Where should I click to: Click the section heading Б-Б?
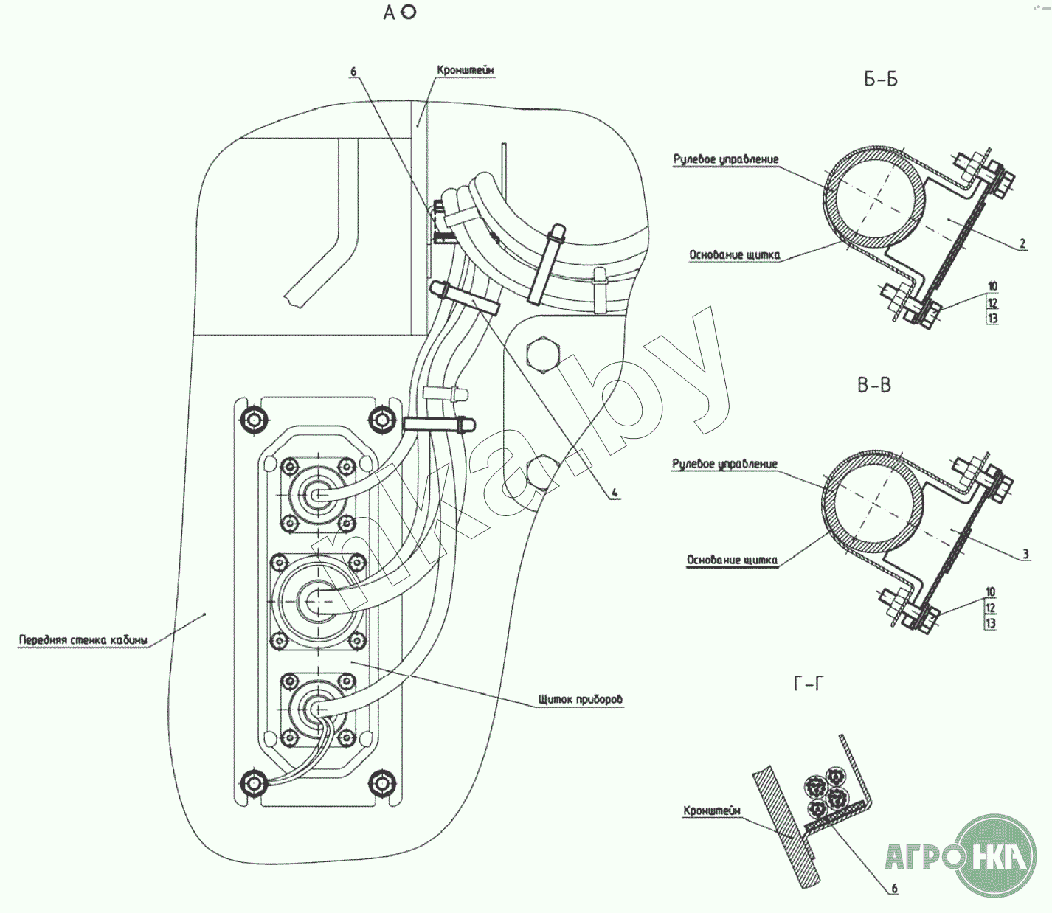pos(881,80)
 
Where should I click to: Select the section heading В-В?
pos(874,385)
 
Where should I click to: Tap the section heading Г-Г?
pos(809,684)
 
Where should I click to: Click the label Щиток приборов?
pos(581,699)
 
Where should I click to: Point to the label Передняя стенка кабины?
pos(83,639)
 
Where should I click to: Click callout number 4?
pos(615,493)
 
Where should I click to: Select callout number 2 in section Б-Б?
pos(1022,243)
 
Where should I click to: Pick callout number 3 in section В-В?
pos(1025,554)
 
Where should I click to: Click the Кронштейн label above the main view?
pos(466,70)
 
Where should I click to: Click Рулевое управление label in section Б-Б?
pos(726,159)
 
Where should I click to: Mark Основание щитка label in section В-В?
pos(732,560)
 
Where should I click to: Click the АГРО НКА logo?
pos(961,855)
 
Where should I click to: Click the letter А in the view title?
pos(390,13)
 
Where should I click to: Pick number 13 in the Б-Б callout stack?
pos(992,318)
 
